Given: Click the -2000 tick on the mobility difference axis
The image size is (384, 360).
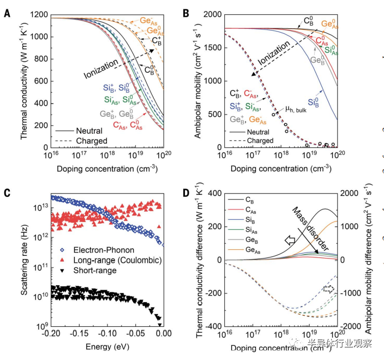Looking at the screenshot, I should (x=354, y=327).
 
